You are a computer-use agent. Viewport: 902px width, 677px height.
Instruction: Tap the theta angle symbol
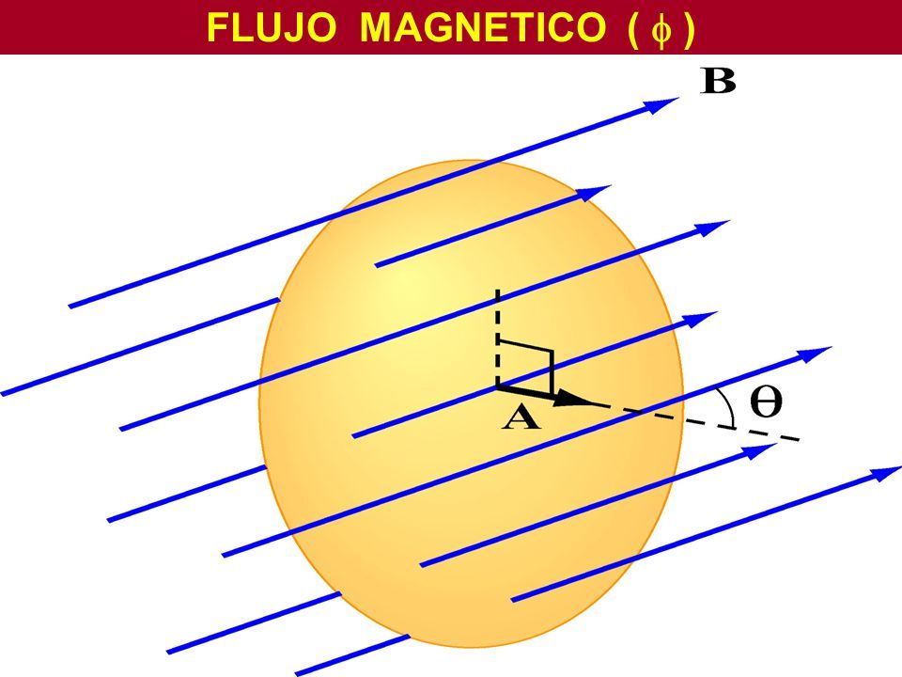pyautogui.click(x=766, y=401)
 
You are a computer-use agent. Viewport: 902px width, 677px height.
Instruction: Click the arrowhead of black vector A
pyautogui.click(x=575, y=401)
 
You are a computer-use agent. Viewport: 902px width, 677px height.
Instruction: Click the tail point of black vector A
pyautogui.click(x=498, y=385)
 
